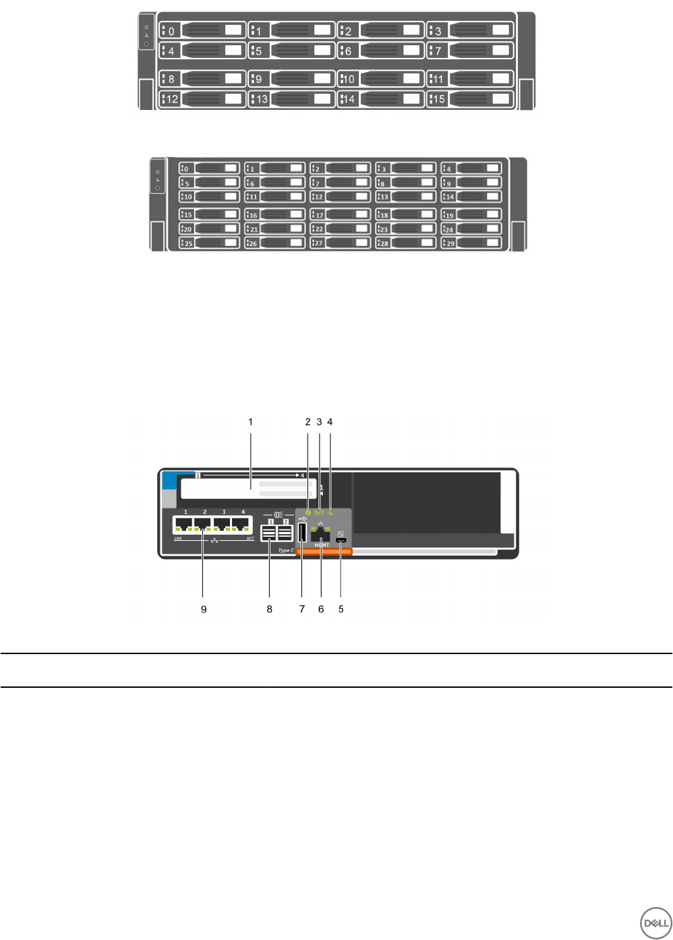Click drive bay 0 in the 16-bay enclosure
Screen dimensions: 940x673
click(202, 30)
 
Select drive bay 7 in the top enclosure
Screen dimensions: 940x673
click(470, 51)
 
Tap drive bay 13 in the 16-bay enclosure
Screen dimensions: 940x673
click(291, 99)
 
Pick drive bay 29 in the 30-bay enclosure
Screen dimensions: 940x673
click(472, 243)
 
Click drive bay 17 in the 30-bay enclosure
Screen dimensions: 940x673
click(341, 214)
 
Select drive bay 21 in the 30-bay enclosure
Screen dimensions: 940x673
click(275, 229)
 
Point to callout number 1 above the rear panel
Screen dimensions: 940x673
click(251, 422)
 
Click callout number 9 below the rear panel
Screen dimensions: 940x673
click(204, 609)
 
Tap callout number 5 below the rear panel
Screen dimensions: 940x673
click(341, 609)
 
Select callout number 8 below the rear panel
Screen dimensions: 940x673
click(270, 609)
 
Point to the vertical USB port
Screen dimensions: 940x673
click(301, 533)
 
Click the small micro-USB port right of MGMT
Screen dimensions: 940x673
click(342, 540)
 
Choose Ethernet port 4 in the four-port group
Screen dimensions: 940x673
click(241, 525)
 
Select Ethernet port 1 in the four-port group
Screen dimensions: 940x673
click(183, 525)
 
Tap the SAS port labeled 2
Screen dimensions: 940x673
click(285, 533)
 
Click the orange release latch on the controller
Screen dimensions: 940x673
click(324, 552)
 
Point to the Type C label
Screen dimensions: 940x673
click(286, 550)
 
